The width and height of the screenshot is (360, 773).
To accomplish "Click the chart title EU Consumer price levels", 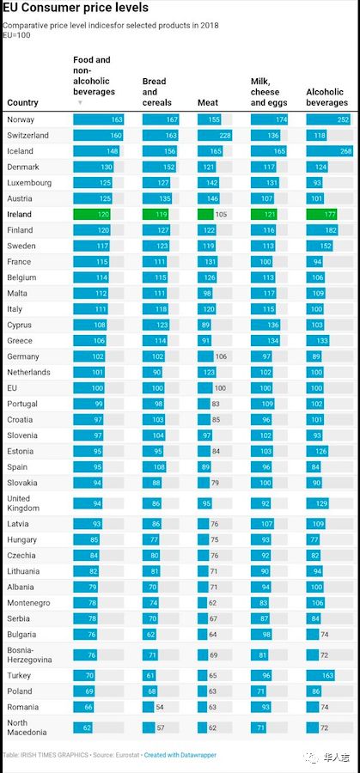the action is pos(76,9).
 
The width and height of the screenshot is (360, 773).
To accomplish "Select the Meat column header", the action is pos(208,102).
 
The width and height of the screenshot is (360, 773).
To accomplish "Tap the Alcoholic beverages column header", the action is pos(327,97).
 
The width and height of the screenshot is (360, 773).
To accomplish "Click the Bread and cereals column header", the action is pos(157,92).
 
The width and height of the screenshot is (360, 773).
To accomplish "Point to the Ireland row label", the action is pos(19,215).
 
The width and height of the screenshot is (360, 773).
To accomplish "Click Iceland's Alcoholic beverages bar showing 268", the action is pos(329,151).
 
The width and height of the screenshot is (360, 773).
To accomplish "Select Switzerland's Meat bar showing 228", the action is pos(215,136).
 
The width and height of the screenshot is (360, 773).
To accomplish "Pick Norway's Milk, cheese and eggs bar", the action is pos(269,119).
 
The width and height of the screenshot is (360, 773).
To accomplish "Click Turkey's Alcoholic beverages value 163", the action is pos(328,675).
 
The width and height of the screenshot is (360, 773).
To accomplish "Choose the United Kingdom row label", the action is pos(23,502).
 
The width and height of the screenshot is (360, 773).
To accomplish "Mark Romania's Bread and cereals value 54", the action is pos(160,707).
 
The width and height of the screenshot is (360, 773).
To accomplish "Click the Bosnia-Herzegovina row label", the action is pos(29,654).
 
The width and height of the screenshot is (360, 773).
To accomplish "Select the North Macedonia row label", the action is pos(27,727).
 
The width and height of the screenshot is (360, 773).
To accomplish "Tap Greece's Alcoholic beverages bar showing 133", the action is pos(318,341).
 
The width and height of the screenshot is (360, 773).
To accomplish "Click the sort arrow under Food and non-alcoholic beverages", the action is pos(80,102).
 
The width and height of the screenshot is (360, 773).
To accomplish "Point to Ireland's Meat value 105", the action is pos(221,215).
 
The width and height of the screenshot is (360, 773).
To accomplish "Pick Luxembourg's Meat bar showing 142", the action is pos(209,183).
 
